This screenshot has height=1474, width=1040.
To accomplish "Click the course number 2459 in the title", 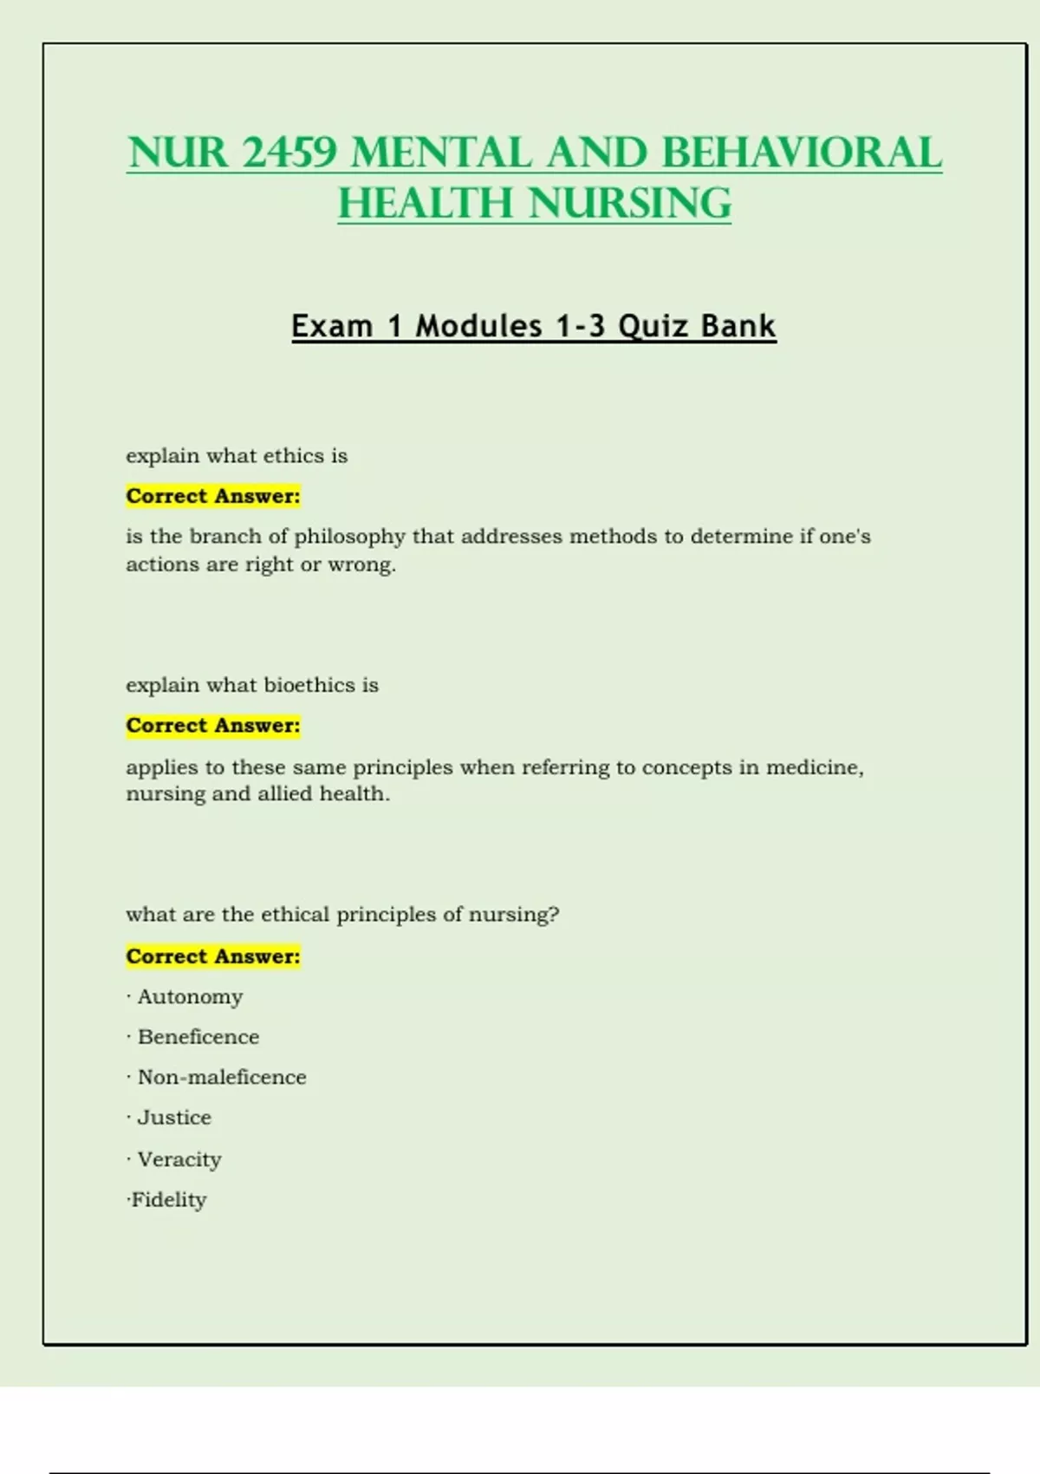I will [289, 153].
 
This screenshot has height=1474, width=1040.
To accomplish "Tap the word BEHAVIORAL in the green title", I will [801, 153].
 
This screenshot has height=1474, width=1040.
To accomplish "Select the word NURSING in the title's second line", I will [630, 205].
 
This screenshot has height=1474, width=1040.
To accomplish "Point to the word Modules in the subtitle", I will [478, 327].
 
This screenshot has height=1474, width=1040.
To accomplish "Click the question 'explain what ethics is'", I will [237, 456].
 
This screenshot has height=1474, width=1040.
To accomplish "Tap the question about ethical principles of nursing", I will [342, 915].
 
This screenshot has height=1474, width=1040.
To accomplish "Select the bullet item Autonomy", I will [190, 997].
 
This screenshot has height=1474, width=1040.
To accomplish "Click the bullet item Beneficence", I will [198, 1037].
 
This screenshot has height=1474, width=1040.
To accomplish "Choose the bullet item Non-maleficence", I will [222, 1077].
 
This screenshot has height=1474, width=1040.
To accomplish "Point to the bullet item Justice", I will [174, 1118].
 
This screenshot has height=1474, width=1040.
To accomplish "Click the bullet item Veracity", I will [179, 1159].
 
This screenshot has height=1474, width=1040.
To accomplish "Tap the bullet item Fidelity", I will [169, 1200].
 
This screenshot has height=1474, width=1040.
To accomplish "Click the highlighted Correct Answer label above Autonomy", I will [213, 956].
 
